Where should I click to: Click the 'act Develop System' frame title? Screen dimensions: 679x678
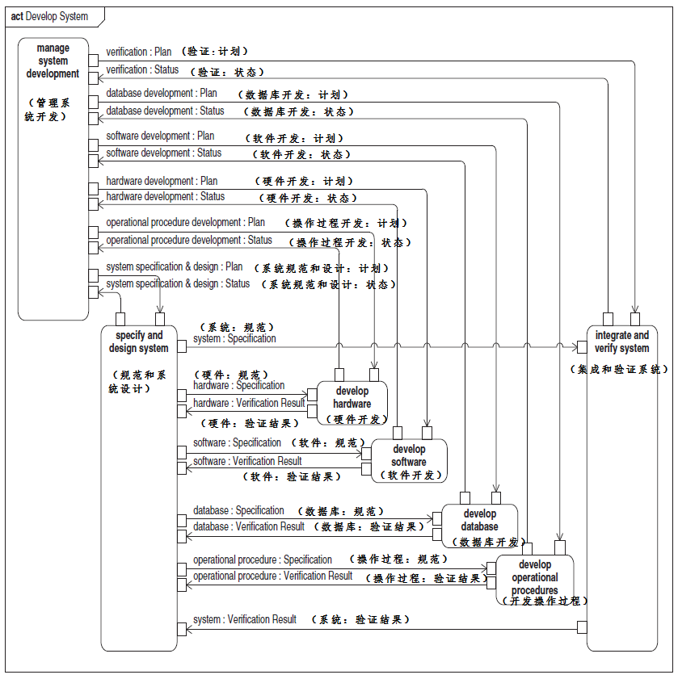tap(49, 16)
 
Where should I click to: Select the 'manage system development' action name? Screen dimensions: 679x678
tap(53, 61)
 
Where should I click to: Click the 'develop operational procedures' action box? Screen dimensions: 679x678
tap(535, 577)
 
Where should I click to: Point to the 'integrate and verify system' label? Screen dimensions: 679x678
tap(622, 342)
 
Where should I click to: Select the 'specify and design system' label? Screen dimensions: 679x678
tap(139, 342)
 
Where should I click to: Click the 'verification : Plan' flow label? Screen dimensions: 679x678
tap(139, 52)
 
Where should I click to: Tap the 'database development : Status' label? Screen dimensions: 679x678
tap(166, 111)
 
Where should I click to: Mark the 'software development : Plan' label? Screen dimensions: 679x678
tap(161, 136)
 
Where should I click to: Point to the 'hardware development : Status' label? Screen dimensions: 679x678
tap(166, 196)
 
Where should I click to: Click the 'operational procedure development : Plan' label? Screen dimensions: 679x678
tap(186, 222)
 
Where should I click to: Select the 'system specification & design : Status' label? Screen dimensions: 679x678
tap(179, 283)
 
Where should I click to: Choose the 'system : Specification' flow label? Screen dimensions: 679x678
tap(234, 338)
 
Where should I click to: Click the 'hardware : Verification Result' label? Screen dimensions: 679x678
tap(249, 403)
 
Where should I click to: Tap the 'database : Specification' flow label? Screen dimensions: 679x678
tap(238, 510)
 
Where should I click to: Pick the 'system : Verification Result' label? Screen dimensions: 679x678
tap(245, 619)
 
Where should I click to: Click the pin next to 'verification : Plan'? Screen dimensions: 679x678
tap(94, 61)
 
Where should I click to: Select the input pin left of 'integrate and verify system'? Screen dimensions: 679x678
tap(582, 347)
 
